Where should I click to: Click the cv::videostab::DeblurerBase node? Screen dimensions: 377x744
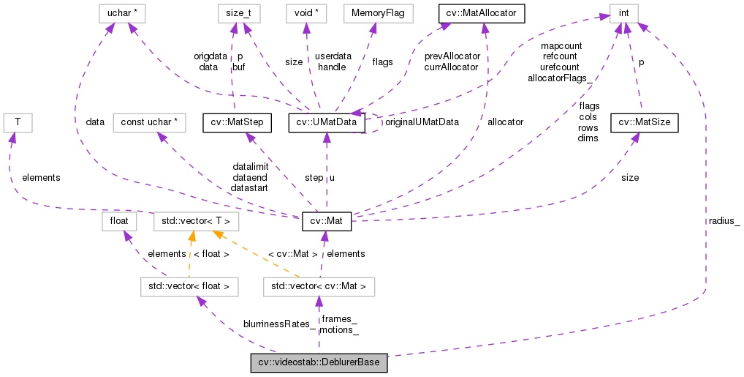coord(319,363)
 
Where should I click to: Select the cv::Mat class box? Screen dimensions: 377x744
coord(326,220)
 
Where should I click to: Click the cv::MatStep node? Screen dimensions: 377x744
coord(238,122)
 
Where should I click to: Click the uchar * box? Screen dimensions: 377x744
coord(118,13)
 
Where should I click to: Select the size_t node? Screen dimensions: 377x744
coord(238,13)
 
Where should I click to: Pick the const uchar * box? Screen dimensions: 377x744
coord(150,122)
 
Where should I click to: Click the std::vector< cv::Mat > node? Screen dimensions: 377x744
coord(319,286)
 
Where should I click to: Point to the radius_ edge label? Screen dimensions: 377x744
coord(724,220)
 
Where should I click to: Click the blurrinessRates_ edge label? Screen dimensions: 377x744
coord(279,324)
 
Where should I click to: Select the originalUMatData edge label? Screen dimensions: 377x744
coord(422,122)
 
